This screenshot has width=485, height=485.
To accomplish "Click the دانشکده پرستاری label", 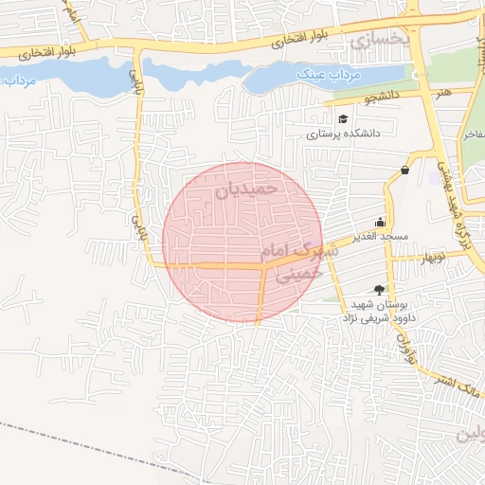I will tap(342, 135).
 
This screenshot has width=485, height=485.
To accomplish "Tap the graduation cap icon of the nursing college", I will tap(342, 119).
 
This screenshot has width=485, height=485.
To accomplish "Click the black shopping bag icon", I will tap(405, 171).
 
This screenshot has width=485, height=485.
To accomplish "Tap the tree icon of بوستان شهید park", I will tap(380, 290).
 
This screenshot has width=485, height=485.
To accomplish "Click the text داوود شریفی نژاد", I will tap(369, 319).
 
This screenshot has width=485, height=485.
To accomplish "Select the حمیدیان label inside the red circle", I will tap(247, 189).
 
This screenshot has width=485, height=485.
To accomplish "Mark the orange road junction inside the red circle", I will tap(262, 267).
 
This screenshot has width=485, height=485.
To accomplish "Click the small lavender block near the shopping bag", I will tap(436, 177).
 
